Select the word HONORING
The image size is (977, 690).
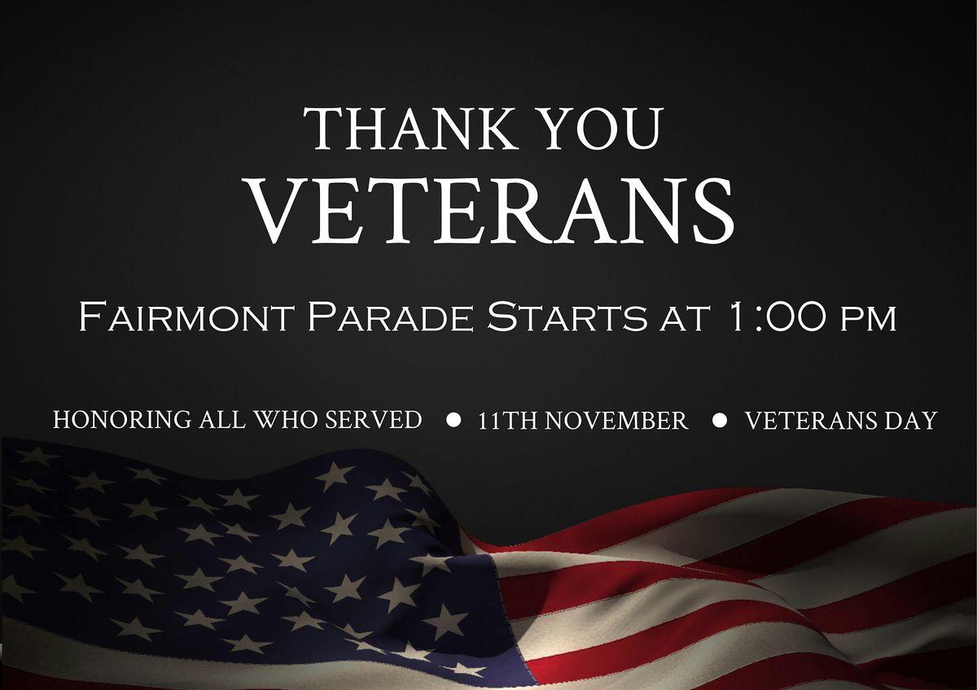click(x=123, y=420)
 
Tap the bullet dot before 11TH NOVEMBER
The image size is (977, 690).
click(x=454, y=420)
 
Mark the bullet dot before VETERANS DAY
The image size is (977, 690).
click(x=719, y=420)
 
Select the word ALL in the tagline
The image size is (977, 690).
click(x=221, y=420)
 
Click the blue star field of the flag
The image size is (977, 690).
click(x=244, y=553)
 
